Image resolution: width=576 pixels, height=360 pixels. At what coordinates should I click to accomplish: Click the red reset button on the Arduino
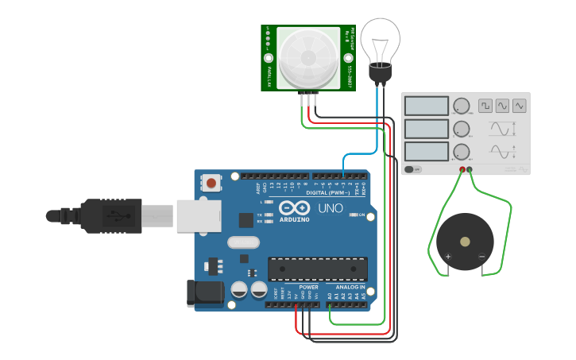211,184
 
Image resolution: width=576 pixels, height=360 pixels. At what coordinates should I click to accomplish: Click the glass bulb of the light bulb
381,41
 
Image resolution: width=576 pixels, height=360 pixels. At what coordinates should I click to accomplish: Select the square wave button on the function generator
485,105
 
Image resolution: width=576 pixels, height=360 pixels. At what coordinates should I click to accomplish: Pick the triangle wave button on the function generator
519,105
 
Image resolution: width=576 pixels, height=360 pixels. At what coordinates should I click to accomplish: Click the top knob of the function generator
461,106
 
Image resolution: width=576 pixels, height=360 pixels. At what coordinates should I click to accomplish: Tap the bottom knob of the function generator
461,152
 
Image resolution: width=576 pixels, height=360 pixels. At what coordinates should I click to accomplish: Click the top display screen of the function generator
427,106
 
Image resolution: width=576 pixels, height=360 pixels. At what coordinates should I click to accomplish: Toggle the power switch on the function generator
411,169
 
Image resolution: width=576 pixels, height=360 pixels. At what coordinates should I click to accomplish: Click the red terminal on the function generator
462,170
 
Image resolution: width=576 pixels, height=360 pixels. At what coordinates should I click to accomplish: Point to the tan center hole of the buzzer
465,242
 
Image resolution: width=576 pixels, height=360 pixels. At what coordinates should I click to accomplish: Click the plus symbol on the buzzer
448,256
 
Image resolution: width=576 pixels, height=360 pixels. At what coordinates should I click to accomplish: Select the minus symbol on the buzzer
481,256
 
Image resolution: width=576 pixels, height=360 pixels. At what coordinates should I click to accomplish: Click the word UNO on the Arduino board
331,209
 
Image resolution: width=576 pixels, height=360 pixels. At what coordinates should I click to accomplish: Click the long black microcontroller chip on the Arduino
318,269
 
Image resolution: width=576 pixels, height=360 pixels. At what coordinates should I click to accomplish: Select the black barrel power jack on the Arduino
204,293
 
